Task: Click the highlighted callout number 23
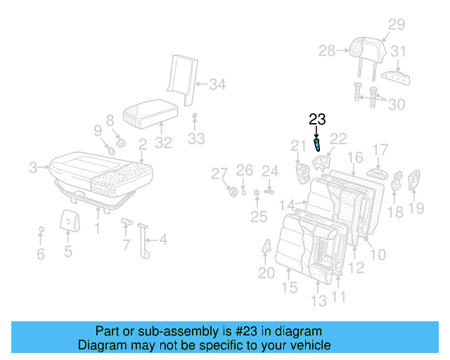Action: pos(316,120)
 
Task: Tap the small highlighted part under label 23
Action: pos(317,146)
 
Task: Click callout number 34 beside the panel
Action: pos(217,85)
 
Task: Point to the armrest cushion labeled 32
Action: pos(149,112)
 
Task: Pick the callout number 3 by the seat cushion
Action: pos(32,168)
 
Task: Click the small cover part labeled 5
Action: pos(68,221)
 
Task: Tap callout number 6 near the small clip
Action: pos(41,254)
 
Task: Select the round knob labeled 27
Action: pos(233,192)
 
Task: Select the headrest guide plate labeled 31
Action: pos(395,77)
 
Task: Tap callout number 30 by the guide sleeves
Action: pos(397,104)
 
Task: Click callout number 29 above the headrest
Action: pos(397,25)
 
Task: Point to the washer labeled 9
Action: pos(111,150)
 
